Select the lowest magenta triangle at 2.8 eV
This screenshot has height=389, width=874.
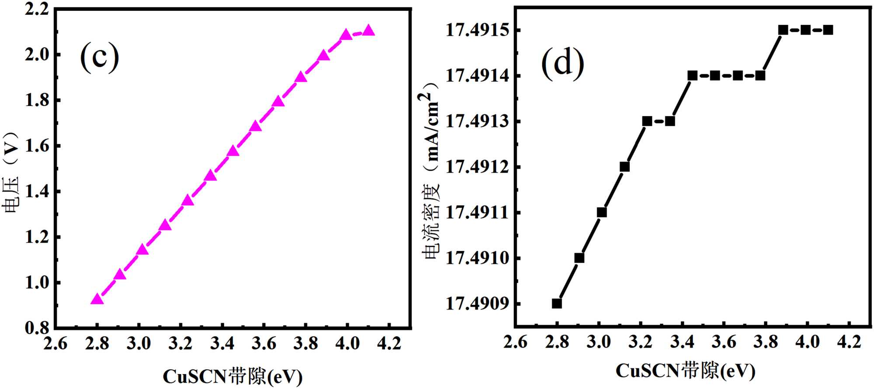point(97,299)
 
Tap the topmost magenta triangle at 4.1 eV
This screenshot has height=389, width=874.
point(368,31)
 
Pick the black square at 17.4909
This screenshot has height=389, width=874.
point(557,303)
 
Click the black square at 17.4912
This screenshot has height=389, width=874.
point(624,167)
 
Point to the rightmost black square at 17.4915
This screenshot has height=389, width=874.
point(828,30)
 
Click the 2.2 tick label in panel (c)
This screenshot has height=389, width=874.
point(37,9)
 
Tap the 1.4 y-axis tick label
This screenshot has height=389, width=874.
point(37,192)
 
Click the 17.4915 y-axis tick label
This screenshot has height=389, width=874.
point(477,30)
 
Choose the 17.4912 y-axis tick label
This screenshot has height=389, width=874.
point(477,167)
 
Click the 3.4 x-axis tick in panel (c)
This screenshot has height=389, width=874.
point(222,344)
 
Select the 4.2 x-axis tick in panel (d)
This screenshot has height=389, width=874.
point(849,342)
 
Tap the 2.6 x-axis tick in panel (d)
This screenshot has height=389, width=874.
point(515,342)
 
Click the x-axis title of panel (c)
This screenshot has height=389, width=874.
point(232,376)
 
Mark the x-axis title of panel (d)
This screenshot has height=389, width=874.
point(685,371)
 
